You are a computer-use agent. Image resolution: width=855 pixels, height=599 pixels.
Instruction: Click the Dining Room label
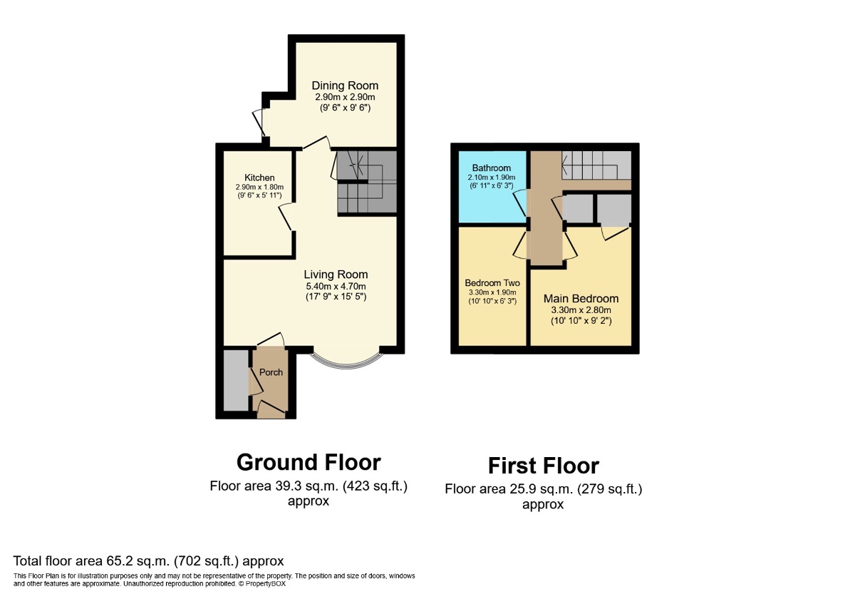click(346, 86)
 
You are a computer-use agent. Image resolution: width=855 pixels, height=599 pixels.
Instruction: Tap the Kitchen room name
click(259, 178)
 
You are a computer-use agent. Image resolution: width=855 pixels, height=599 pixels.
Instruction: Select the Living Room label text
click(336, 275)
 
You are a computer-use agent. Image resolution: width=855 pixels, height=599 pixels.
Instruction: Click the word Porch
click(271, 372)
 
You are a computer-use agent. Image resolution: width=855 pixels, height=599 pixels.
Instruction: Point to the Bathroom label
click(491, 168)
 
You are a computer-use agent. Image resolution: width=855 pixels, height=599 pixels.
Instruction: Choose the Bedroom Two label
click(492, 282)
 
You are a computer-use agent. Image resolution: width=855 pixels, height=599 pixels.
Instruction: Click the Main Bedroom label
click(581, 299)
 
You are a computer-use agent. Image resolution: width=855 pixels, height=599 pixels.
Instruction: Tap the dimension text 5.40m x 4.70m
click(336, 286)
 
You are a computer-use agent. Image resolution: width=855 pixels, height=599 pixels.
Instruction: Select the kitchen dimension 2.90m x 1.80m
click(259, 187)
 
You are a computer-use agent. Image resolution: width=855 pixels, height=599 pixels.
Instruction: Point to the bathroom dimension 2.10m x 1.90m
click(491, 178)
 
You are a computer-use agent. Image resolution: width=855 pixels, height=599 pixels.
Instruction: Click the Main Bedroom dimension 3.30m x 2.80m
click(581, 310)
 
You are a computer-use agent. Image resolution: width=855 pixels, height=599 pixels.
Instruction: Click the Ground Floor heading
click(309, 462)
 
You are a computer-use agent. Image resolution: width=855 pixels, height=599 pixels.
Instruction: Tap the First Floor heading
click(543, 466)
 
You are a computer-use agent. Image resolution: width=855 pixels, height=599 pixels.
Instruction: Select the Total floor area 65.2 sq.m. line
click(148, 561)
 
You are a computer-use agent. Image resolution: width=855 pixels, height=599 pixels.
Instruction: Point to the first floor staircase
click(596, 165)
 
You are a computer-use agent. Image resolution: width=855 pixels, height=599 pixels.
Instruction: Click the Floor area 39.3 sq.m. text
click(309, 487)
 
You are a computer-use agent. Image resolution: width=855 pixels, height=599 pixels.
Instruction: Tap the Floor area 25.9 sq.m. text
click(543, 489)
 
